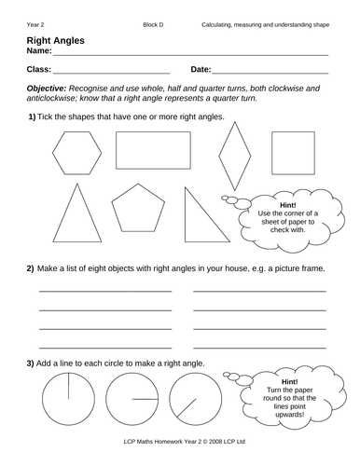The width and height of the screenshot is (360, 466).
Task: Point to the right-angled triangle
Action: (200, 217)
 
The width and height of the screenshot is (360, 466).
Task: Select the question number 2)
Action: (32, 269)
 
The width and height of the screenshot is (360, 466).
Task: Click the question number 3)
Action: (32, 362)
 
